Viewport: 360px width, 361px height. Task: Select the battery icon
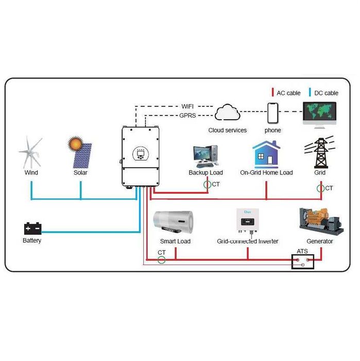pos(32,228)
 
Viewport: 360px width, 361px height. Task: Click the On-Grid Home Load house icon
pos(266,154)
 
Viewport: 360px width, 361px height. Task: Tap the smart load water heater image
pos(175,222)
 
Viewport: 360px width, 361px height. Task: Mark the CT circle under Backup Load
pos(207,184)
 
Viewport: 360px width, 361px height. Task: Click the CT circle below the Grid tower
pos(320,188)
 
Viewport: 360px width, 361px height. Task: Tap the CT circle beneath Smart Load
pos(162,259)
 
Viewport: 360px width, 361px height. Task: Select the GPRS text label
pos(187,116)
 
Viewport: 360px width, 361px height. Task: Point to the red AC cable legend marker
pos(273,93)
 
